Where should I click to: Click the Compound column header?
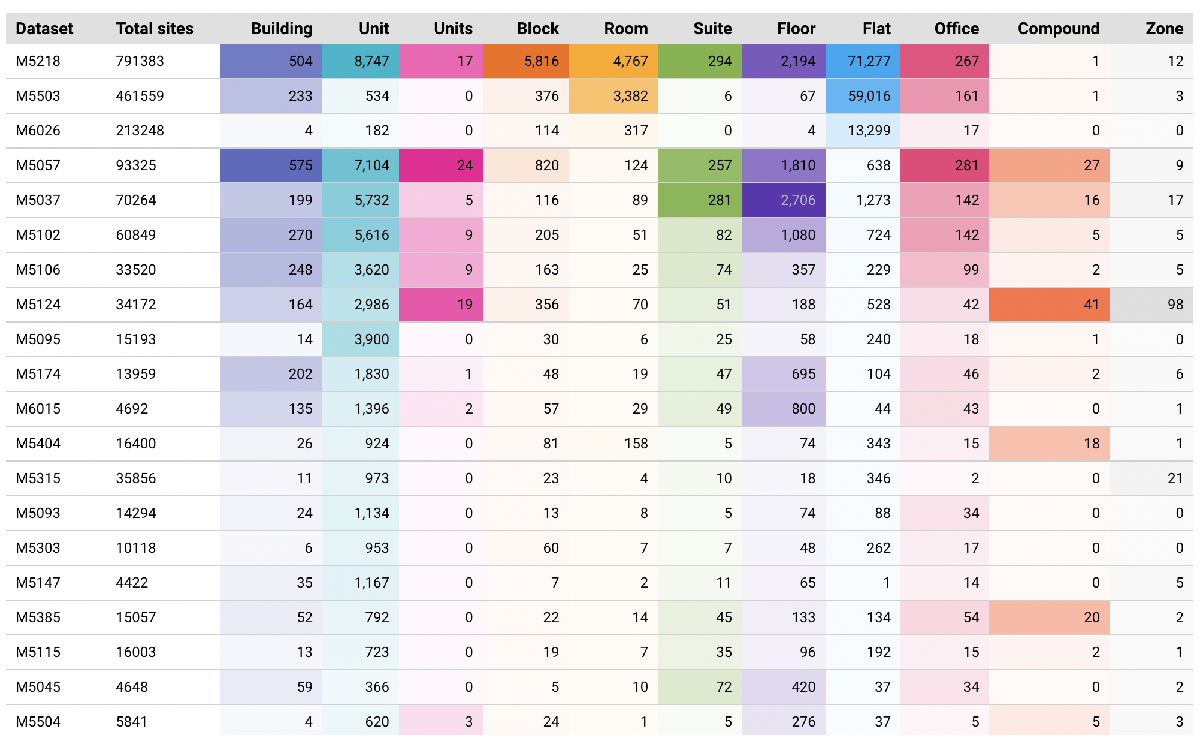(x=1058, y=29)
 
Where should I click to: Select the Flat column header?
(x=876, y=29)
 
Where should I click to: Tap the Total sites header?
(x=155, y=29)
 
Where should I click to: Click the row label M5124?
(x=38, y=305)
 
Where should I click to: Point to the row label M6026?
(x=38, y=131)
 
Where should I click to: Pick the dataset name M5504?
(x=38, y=722)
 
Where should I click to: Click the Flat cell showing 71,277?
(x=869, y=61)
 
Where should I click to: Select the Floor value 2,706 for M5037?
(x=797, y=200)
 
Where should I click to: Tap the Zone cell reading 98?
(x=1175, y=305)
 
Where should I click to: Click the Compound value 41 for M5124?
(x=1091, y=305)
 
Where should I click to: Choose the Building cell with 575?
(x=300, y=165)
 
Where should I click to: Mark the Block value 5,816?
(x=541, y=61)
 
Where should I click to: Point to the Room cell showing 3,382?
(x=630, y=96)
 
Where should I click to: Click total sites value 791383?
(x=140, y=61)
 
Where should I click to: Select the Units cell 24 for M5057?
(x=464, y=165)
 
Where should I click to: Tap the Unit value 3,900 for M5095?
(x=371, y=339)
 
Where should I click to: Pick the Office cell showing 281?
(x=966, y=165)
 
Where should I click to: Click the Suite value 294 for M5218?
(x=719, y=61)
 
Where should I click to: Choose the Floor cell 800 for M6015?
(x=803, y=409)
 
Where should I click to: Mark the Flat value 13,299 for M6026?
(x=869, y=131)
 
